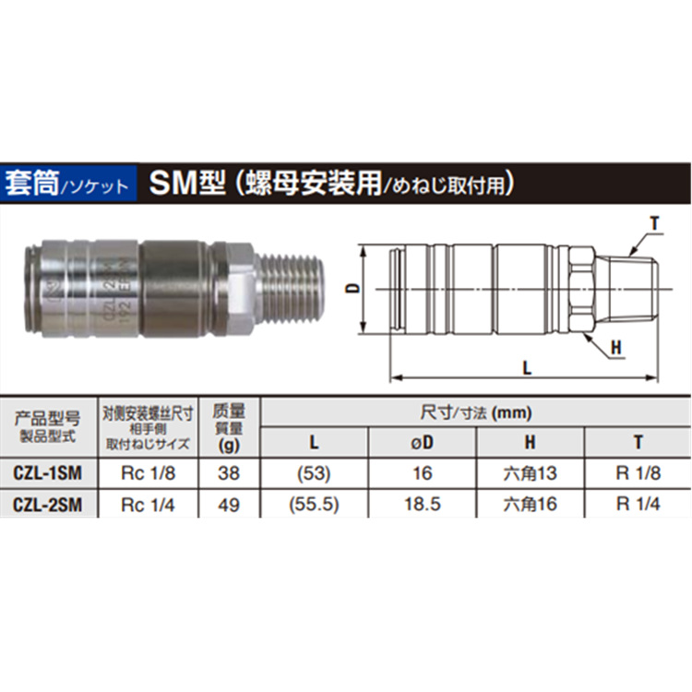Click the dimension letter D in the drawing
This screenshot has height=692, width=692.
[352, 288]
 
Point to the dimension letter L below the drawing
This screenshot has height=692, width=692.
[526, 367]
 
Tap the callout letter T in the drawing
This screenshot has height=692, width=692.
[653, 223]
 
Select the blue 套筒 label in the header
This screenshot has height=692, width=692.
[30, 180]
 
